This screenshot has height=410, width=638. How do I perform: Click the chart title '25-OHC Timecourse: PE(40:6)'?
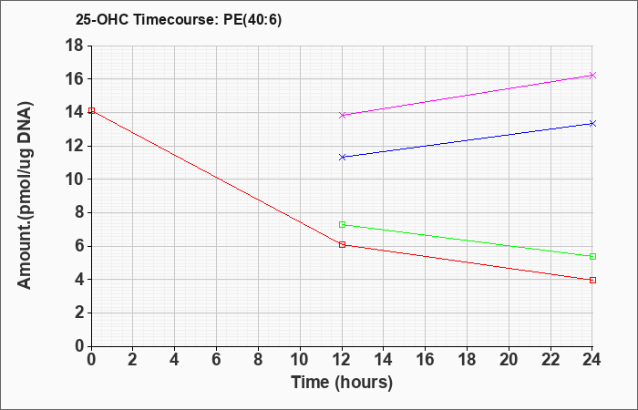tap(179, 20)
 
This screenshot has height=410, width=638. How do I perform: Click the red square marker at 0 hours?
tap(91, 110)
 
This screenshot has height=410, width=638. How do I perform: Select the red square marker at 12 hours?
tap(342, 244)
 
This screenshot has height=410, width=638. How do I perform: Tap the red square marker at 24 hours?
tap(592, 280)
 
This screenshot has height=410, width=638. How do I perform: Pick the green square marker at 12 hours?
tap(342, 224)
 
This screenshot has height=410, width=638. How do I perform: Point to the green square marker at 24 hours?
tap(592, 256)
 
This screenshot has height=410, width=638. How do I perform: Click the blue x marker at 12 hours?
tap(342, 157)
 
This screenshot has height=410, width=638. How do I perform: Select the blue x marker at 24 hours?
tap(592, 123)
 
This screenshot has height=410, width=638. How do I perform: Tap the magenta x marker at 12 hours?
tap(342, 115)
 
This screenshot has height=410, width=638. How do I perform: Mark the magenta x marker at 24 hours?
tap(592, 76)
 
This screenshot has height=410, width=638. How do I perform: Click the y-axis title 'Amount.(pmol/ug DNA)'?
tap(25, 196)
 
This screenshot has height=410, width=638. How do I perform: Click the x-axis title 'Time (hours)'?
tap(342, 383)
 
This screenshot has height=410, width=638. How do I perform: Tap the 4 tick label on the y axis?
tap(79, 280)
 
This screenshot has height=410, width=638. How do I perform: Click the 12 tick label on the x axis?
tap(342, 360)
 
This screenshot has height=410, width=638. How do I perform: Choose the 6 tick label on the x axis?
tap(217, 360)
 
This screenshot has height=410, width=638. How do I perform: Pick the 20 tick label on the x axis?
tap(509, 360)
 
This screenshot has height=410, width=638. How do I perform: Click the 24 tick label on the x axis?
tap(592, 360)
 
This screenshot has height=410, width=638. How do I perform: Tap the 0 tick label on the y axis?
tap(79, 346)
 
